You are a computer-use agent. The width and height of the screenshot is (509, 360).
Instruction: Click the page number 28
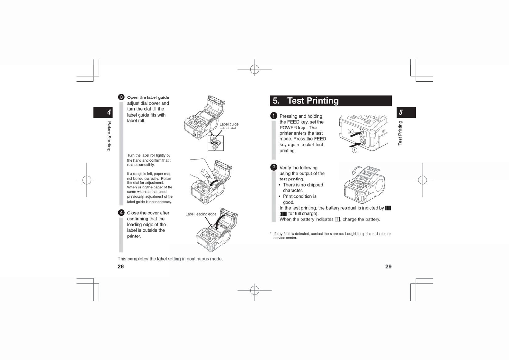click(121, 266)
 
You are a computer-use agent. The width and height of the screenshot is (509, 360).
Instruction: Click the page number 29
click(388, 266)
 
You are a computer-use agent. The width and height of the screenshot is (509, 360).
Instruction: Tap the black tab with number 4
click(103, 113)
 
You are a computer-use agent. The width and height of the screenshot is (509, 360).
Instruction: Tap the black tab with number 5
click(406, 113)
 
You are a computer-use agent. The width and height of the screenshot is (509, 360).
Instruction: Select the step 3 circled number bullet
click(121, 97)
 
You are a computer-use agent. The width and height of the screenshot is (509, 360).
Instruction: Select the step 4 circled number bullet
click(121, 212)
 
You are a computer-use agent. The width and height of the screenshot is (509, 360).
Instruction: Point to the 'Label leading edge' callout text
click(201, 214)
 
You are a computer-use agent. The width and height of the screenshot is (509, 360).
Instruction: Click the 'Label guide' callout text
click(229, 124)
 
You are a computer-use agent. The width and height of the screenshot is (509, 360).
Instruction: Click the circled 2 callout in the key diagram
click(351, 131)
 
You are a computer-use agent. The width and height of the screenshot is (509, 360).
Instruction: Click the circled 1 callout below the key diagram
click(354, 150)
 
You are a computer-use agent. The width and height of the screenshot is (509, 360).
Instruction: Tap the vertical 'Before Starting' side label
click(109, 136)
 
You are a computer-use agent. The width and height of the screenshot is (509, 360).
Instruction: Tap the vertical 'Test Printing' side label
click(400, 133)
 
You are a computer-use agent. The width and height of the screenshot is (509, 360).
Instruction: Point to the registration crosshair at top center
click(254, 69)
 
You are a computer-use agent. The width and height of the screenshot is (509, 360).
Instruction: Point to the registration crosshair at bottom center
click(254, 290)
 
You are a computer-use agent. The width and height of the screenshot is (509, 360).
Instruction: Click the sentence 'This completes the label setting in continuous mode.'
click(170, 259)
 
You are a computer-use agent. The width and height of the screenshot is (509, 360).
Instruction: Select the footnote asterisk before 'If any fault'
click(271, 234)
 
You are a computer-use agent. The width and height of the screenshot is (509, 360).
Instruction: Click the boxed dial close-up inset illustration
click(216, 143)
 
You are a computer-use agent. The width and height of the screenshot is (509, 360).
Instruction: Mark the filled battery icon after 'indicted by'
click(388, 208)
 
